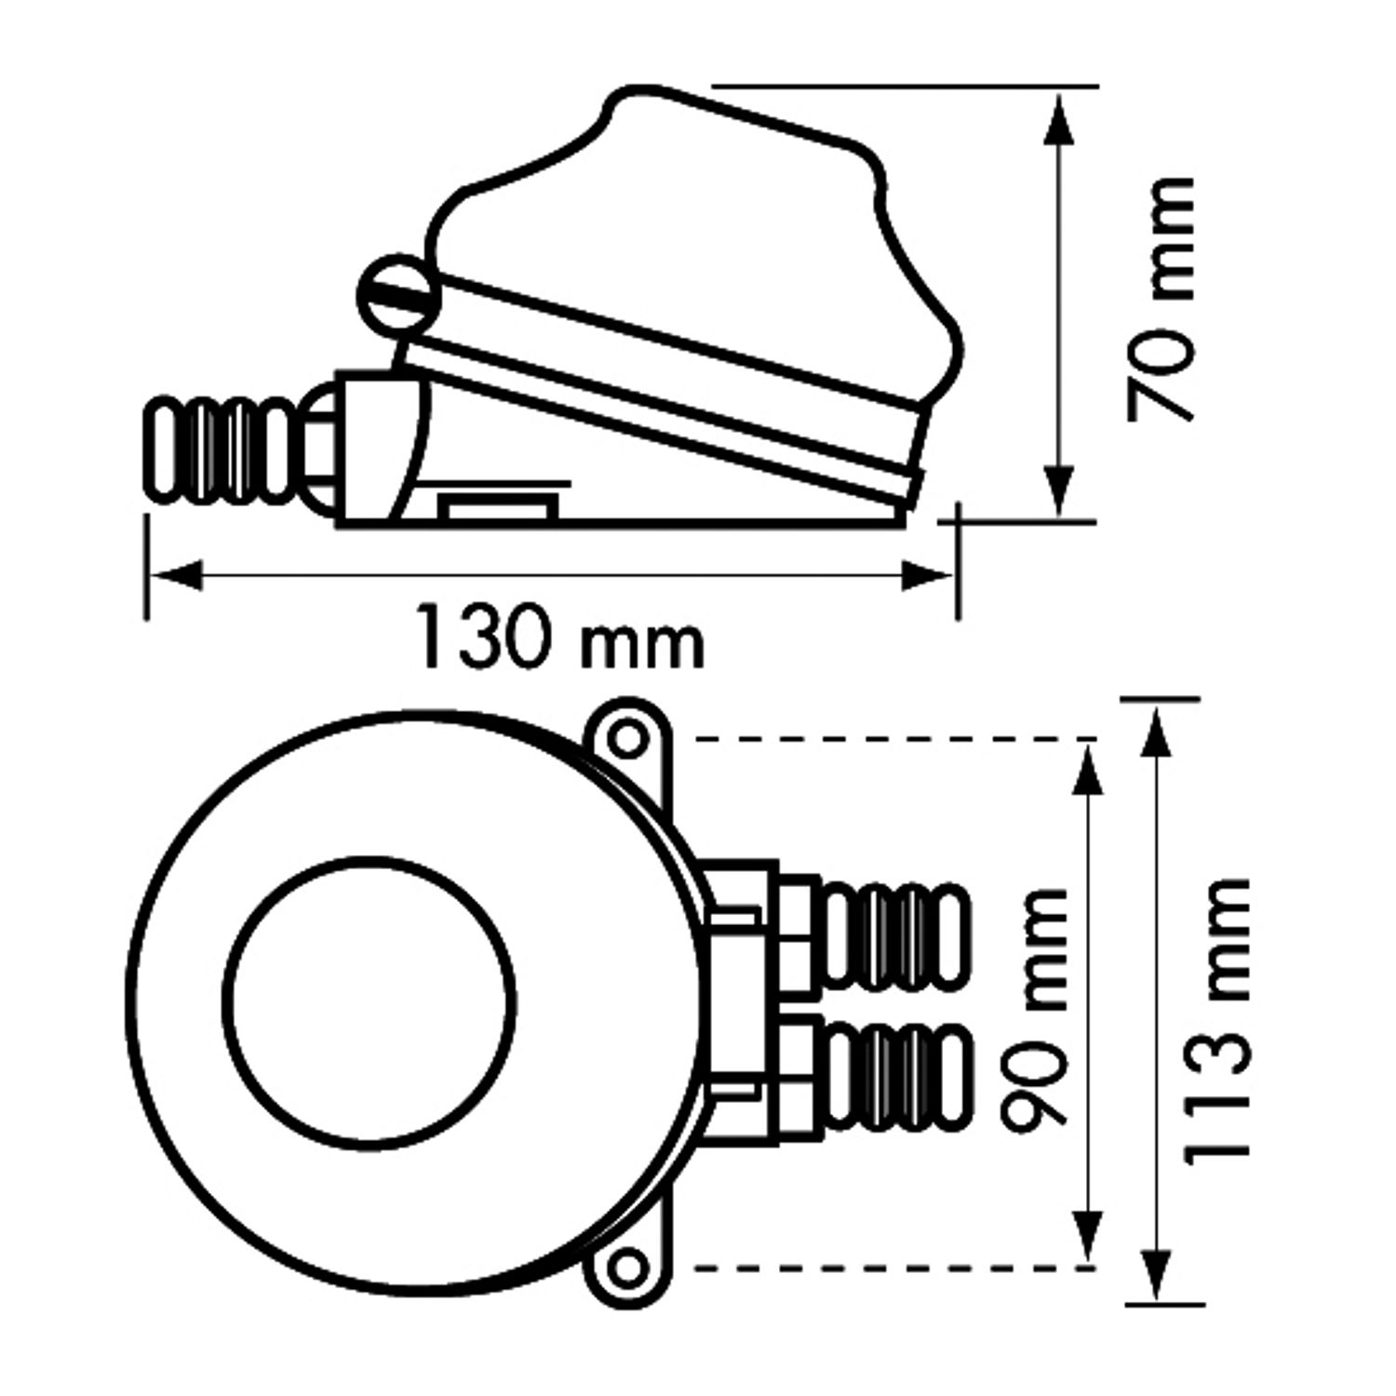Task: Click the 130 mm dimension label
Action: click(558, 638)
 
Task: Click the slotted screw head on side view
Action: click(396, 294)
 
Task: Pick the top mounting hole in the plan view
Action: click(629, 740)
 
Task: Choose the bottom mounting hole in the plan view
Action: click(629, 1265)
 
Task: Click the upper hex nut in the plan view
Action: click(797, 935)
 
